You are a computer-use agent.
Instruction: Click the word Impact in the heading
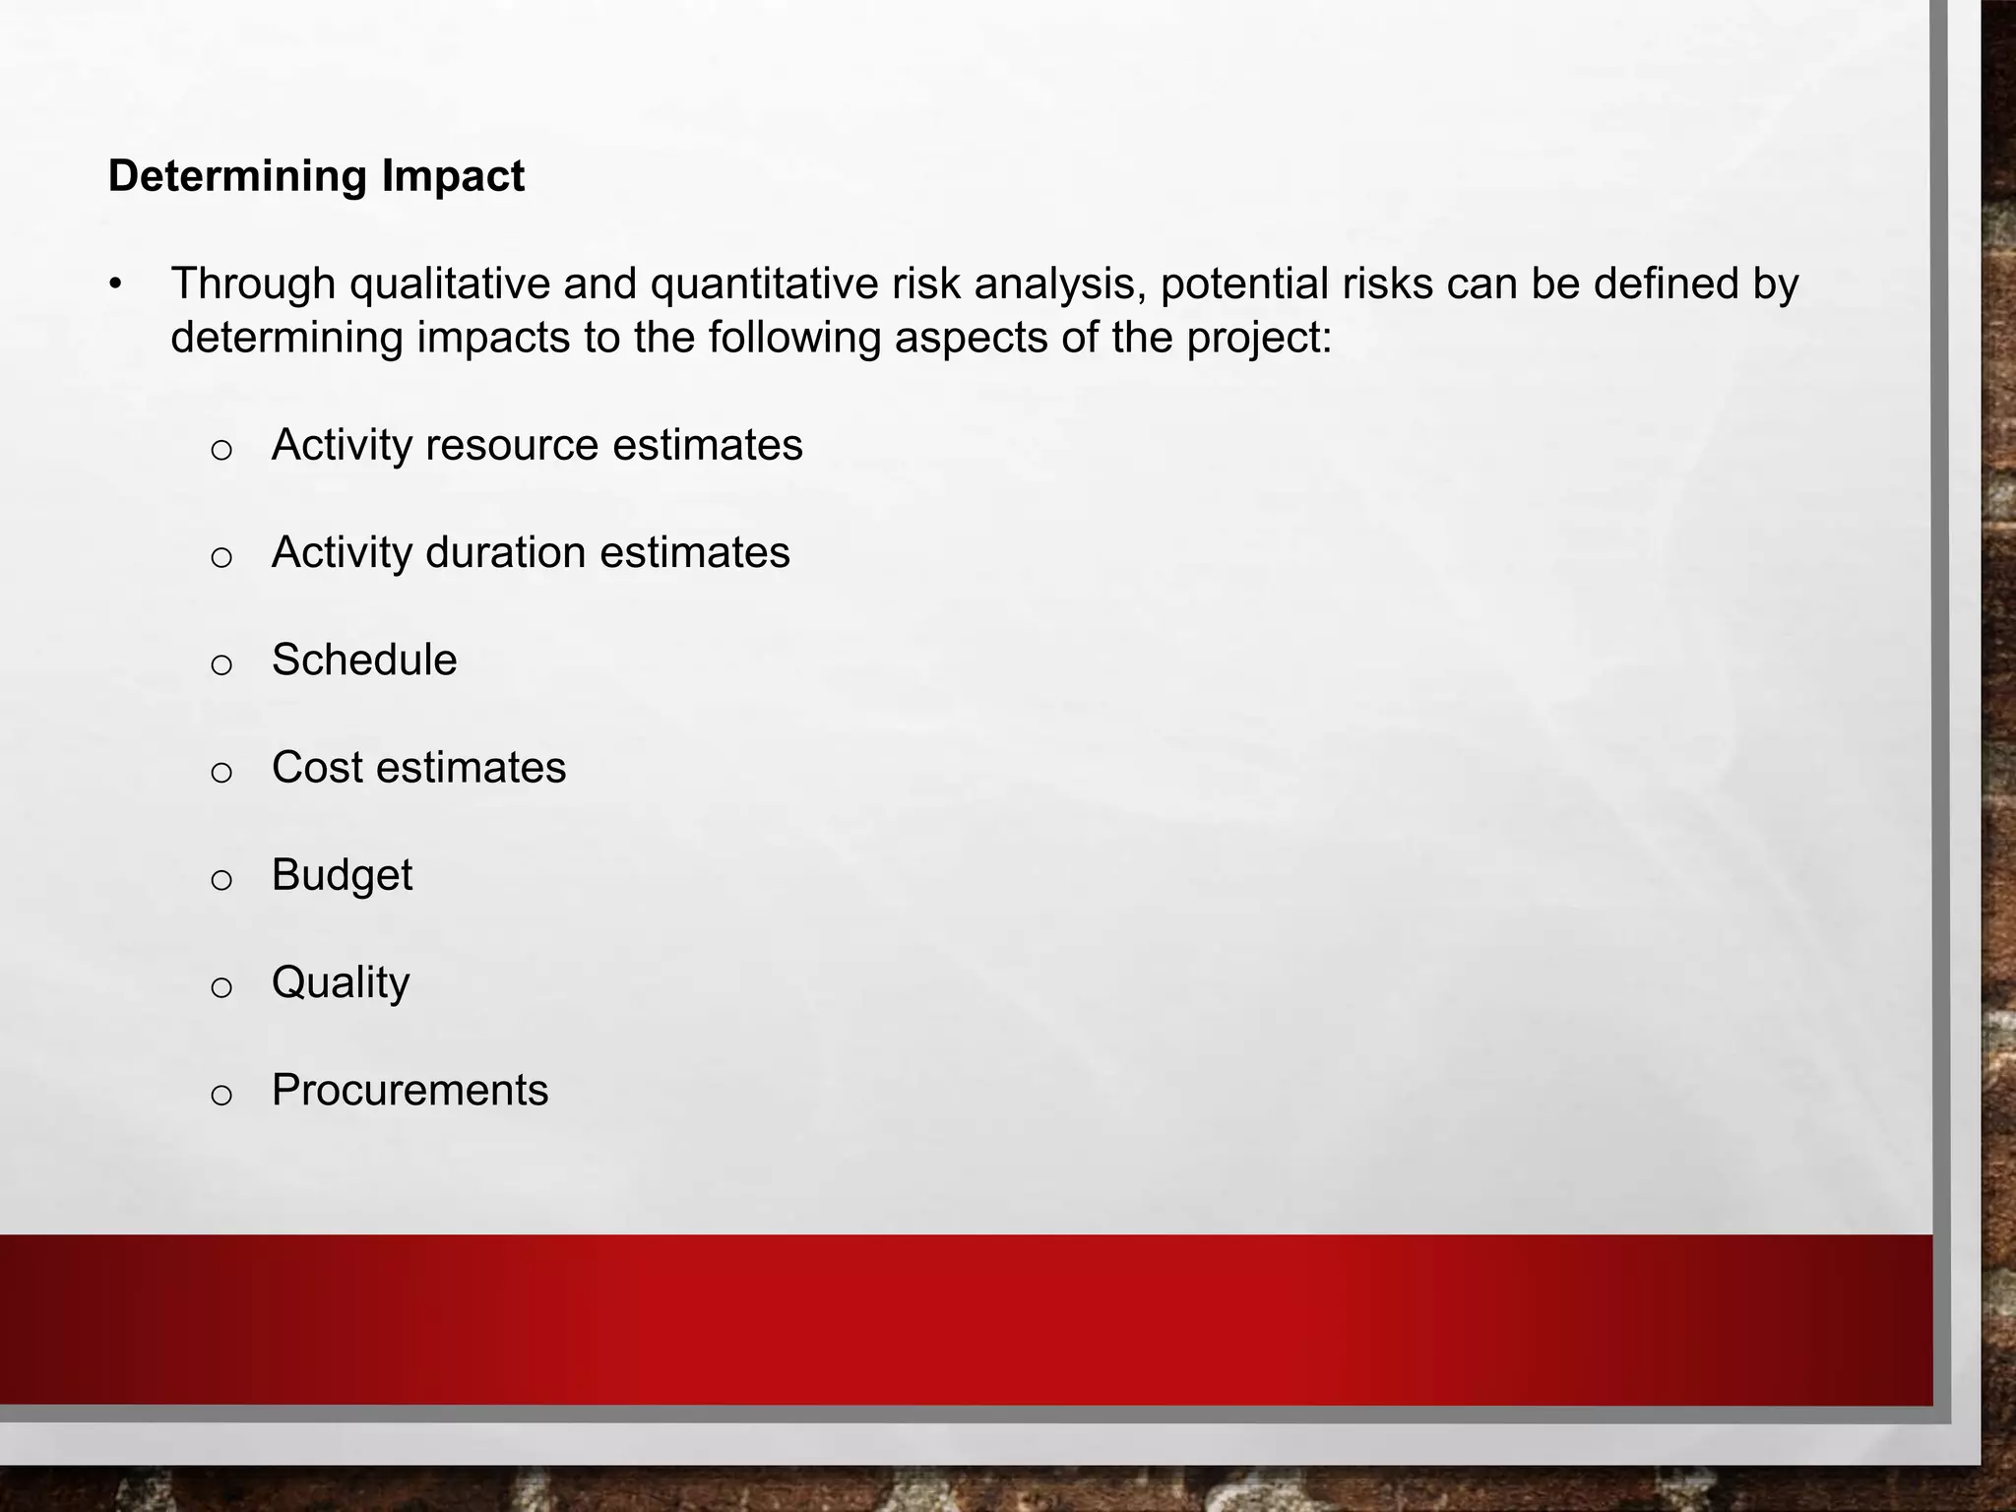[453, 177]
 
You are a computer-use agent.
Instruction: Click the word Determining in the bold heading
[237, 177]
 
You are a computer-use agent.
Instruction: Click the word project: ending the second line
[1259, 339]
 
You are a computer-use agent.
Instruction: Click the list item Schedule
[364, 660]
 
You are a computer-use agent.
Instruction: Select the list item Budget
[342, 875]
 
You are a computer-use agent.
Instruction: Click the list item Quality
[341, 982]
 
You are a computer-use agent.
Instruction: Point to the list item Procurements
[409, 1090]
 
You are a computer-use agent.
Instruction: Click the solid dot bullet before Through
[116, 285]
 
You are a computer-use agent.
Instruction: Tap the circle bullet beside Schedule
[221, 664]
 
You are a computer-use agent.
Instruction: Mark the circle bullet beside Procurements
[221, 1095]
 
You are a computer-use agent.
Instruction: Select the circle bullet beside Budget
[221, 879]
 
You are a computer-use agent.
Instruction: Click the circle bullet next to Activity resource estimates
[221, 450]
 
